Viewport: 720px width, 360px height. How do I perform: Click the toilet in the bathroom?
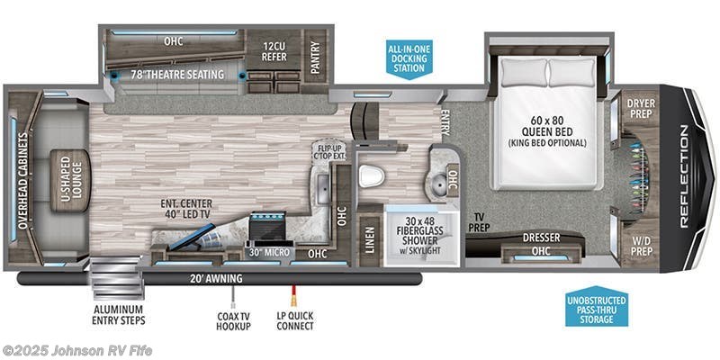pos(371,175)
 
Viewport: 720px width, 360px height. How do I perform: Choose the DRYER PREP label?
pos(640,109)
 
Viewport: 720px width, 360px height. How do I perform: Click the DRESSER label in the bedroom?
pos(542,237)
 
